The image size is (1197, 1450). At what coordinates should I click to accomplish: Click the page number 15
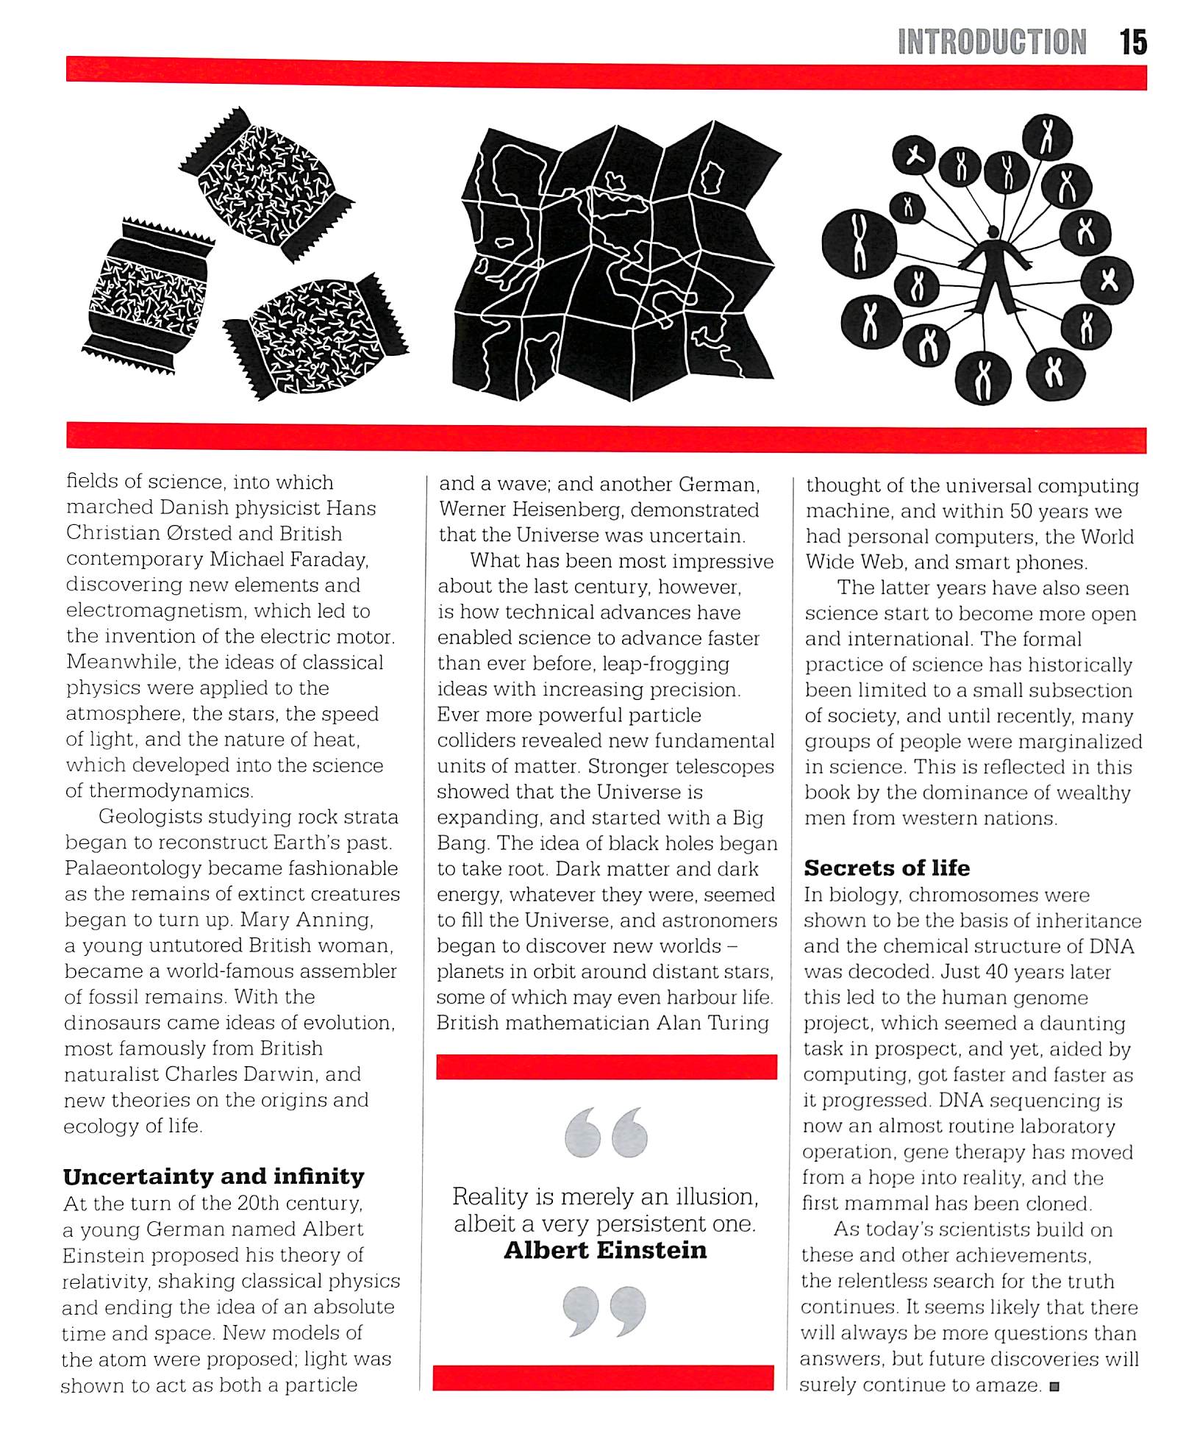(x=1133, y=43)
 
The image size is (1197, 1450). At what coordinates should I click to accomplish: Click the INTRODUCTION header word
(x=992, y=43)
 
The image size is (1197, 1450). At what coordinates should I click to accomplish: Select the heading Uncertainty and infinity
(x=213, y=1177)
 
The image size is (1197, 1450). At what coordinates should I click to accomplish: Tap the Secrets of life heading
(x=887, y=868)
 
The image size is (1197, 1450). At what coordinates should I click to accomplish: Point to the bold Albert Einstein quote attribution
(x=605, y=1251)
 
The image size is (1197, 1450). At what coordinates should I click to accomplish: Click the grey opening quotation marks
(x=606, y=1133)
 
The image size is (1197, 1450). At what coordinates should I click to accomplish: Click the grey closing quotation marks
(x=604, y=1311)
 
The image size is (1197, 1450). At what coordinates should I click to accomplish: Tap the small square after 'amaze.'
(x=1054, y=1387)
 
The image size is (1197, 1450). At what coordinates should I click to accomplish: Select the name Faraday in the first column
(x=329, y=560)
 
